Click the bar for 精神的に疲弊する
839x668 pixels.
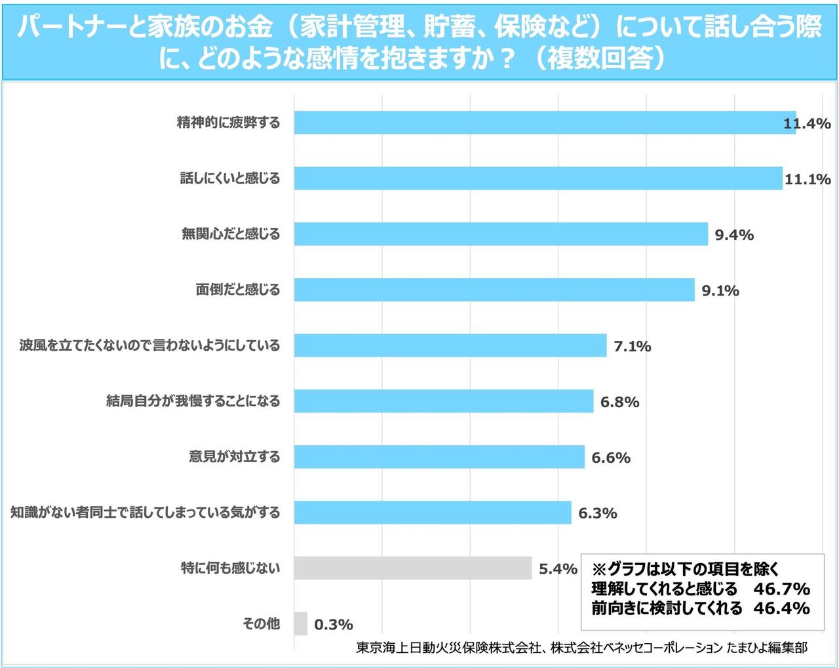click(544, 123)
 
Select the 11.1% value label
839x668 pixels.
click(808, 179)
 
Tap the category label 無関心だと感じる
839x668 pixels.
click(230, 234)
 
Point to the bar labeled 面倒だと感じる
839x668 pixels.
click(494, 290)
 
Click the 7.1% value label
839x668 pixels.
click(632, 346)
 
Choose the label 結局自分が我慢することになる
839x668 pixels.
click(193, 401)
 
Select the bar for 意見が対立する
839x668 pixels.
click(439, 457)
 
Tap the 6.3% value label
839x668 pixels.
click(597, 513)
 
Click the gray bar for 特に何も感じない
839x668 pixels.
click(412, 568)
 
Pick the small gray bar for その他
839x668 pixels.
click(300, 623)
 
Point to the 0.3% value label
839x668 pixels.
click(334, 625)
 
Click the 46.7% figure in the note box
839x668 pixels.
click(781, 588)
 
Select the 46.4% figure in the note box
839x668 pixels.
click(781, 608)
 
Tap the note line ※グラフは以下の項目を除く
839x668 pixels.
click(685, 568)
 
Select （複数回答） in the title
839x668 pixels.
click(599, 58)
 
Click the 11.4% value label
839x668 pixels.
click(807, 123)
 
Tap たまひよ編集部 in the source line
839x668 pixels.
click(767, 648)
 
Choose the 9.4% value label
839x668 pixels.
click(733, 235)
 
